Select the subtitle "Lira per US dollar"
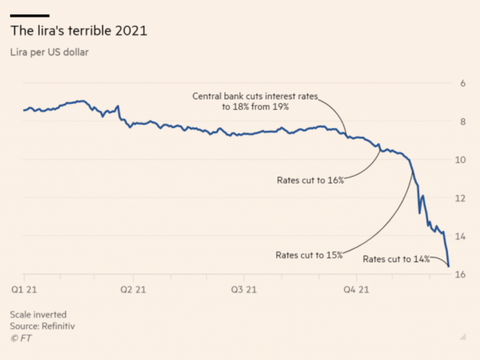pos(49,53)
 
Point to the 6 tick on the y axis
pos(464,84)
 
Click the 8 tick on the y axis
pos(464,122)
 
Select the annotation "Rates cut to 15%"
pos(309,255)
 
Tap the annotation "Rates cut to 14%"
pos(396,259)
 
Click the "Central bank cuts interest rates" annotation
pos(255,96)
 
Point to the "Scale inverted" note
pos(38,315)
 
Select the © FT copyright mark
pos(20,338)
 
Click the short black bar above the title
pos(30,14)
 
